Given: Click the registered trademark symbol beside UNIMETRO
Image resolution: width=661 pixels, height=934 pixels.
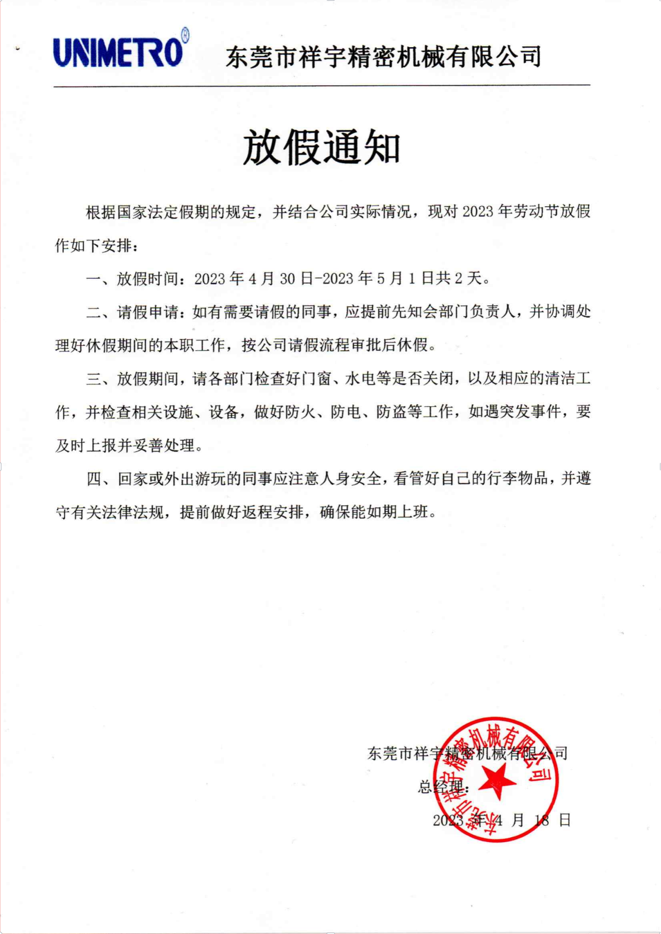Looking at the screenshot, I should tap(185, 36).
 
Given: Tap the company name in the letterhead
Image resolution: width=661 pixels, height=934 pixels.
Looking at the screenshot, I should tap(383, 57).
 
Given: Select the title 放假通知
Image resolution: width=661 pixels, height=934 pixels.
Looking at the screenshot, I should tap(322, 147).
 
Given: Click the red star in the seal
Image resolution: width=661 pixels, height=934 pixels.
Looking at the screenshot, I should tap(497, 780).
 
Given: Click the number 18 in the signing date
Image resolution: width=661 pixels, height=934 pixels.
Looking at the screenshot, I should tap(542, 820).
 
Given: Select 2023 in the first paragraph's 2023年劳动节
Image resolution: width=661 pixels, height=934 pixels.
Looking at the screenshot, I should tap(478, 212).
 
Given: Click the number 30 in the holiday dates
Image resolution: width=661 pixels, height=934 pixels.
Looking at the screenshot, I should tap(287, 279).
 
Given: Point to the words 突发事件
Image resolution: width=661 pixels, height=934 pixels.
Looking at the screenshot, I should tap(530, 412).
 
